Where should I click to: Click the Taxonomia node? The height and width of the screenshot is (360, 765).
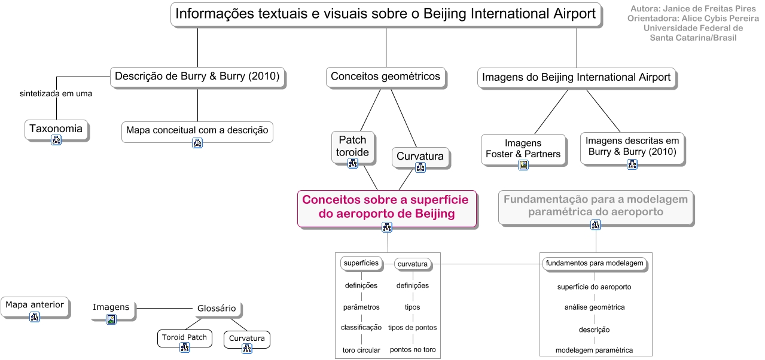coord(56,129)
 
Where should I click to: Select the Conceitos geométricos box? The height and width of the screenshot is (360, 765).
coord(386,77)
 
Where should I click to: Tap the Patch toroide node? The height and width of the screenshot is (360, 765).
coord(352,146)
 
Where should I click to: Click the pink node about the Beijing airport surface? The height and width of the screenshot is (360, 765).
coord(386,207)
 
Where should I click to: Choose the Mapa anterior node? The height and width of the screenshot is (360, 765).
coord(35,305)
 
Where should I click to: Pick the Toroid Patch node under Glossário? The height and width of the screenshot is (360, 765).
coord(184,337)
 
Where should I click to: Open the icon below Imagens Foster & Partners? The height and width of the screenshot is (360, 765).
coord(523,165)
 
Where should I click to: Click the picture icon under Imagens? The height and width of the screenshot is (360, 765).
coord(111,319)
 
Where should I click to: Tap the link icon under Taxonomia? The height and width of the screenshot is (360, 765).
coord(56,141)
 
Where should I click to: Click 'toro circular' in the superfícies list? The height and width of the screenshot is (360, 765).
coord(361,350)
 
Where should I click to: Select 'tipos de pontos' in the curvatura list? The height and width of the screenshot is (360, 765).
coord(412,328)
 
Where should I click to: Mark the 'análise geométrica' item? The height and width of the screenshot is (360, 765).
coord(595,307)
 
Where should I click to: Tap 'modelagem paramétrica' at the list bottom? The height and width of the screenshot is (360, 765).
coord(594,350)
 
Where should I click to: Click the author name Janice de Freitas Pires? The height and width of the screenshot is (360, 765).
coord(693,9)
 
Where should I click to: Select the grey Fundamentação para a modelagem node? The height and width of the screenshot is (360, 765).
coord(596,206)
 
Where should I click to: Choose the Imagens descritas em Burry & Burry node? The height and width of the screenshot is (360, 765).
coord(632,147)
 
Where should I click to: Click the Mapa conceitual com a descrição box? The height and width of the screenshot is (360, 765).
coord(197,130)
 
